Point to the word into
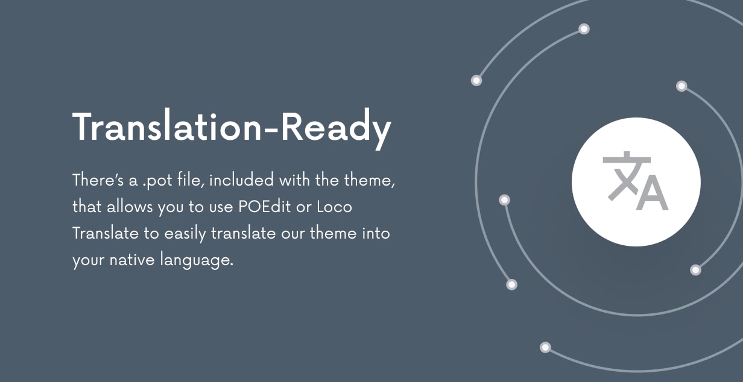[376, 233]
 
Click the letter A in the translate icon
[652, 193]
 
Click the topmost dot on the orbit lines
[584, 29]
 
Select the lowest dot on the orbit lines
[545, 347]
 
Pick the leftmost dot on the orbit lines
[476, 80]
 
